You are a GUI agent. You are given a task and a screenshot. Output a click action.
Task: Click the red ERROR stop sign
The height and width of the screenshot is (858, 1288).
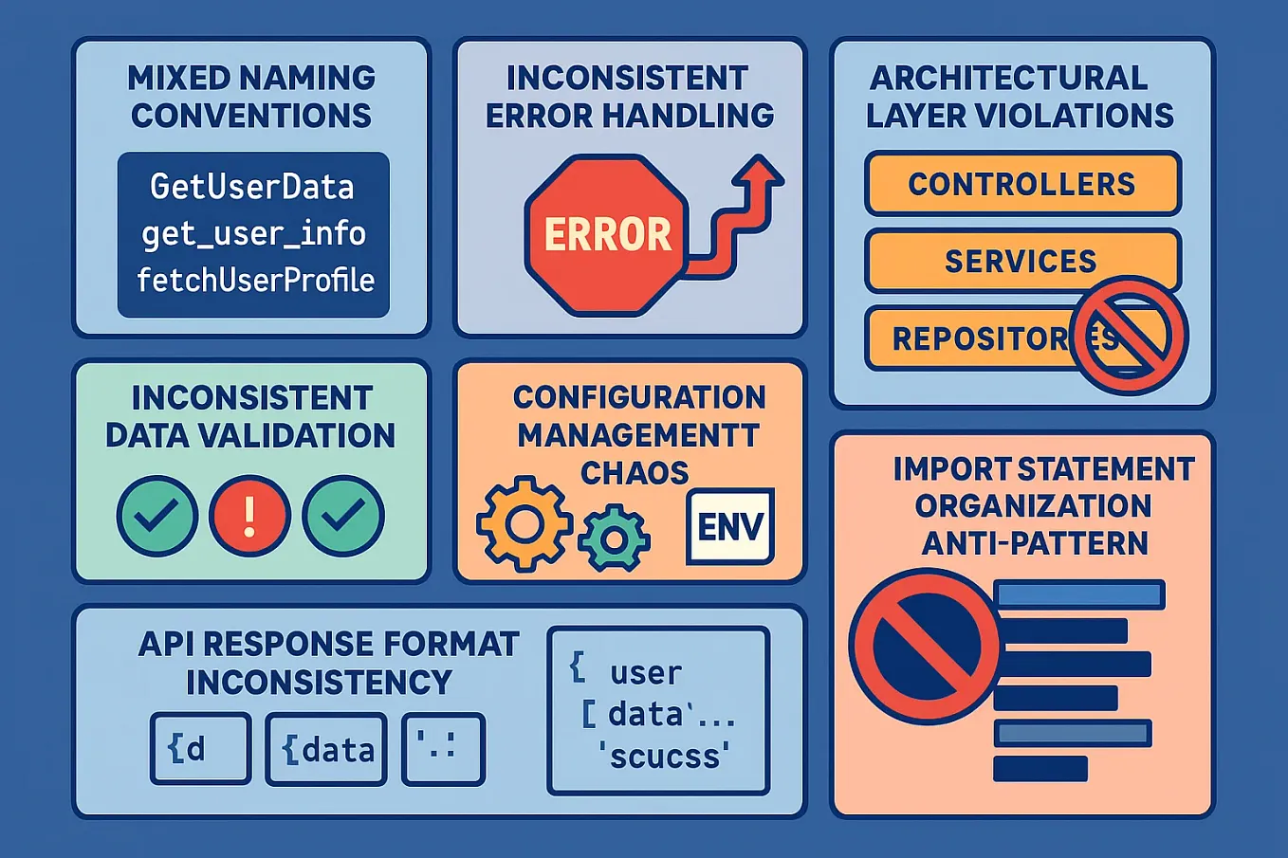coord(606,234)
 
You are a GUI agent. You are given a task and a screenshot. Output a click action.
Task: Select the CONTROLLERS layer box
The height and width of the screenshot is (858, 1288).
coord(1021,184)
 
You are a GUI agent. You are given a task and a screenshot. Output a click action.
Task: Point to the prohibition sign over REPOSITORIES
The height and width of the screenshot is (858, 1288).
coord(1129,336)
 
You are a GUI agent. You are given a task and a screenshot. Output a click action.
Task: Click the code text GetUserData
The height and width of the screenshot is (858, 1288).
coord(252,187)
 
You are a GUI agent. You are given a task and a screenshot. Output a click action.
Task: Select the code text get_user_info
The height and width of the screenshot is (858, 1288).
coord(253,233)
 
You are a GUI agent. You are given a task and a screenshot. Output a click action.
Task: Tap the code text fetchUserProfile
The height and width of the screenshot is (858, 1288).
coord(255,280)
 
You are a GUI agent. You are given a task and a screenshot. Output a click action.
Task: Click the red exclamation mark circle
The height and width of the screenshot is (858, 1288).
coord(249,516)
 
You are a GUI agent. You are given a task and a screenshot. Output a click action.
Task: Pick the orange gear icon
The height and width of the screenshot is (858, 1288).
coord(524,522)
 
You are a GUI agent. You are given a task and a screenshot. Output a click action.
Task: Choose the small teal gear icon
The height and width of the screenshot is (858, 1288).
coord(614,539)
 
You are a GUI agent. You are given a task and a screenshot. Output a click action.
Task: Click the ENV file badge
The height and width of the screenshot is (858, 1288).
coord(729,526)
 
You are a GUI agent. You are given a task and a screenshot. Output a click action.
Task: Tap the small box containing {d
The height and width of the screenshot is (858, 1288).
coord(200,749)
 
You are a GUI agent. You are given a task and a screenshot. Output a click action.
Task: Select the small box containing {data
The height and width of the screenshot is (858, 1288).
coord(326,750)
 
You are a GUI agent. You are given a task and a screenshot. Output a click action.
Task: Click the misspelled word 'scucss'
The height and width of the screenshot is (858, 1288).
coord(664,756)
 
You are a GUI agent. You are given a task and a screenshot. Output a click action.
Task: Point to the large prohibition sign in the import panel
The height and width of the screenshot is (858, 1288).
coord(924,647)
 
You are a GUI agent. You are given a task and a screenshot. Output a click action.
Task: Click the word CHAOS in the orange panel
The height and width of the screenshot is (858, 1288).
coord(635,472)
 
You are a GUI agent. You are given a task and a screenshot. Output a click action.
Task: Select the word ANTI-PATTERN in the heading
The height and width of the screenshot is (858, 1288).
coord(1035,543)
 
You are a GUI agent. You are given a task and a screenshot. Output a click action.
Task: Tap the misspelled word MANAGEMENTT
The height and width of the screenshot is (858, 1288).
coord(638,435)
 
